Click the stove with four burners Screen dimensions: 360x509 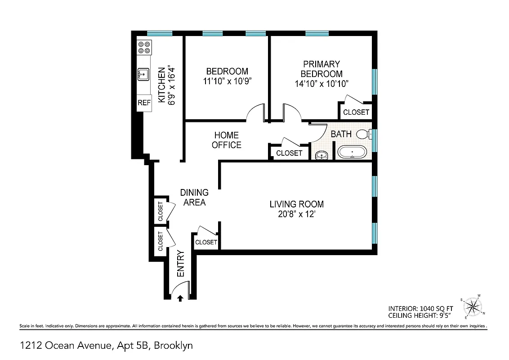tap(144, 47)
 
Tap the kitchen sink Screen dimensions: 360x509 tap(144, 74)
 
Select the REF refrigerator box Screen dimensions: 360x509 tap(144, 103)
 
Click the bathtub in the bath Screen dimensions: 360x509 tap(352, 152)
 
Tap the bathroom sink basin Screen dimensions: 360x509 tap(321, 156)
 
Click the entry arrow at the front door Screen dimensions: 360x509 tap(180, 297)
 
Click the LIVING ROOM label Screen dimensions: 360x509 tap(296, 204)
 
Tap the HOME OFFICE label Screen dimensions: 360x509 tap(227, 140)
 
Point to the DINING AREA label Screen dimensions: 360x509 tap(194, 198)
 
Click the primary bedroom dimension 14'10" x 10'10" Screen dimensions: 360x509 tap(321, 84)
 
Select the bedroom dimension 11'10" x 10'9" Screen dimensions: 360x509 tap(227, 81)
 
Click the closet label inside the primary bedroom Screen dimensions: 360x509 tap(356, 112)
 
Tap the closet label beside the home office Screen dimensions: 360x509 tap(289, 153)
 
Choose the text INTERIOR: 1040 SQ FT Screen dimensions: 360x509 tap(420, 309)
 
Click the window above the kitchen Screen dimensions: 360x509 tap(160, 33)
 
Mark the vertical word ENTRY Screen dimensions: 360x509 tap(181, 264)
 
